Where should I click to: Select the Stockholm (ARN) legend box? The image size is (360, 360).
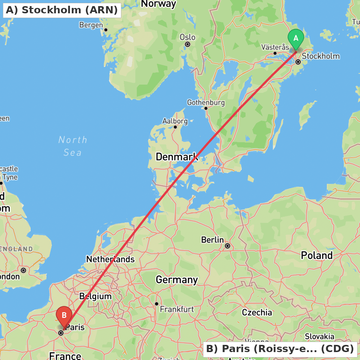click(62, 10)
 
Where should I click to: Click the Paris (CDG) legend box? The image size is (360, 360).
click(280, 349)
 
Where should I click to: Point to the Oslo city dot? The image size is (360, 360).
click(188, 44)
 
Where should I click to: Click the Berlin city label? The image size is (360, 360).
click(212, 240)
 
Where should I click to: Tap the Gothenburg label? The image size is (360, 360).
click(206, 103)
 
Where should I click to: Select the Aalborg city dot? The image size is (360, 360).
click(175, 127)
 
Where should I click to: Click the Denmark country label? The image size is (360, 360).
click(176, 157)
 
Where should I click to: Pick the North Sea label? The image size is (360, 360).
click(73, 146)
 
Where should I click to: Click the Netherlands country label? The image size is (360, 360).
click(110, 259)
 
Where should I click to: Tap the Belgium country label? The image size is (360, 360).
click(95, 296)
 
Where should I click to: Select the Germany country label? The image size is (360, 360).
click(176, 280)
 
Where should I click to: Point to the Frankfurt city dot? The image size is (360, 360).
click(157, 304)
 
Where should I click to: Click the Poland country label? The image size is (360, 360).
click(317, 255)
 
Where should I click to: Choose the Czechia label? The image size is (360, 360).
click(257, 312)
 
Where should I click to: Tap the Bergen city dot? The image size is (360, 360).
click(106, 30)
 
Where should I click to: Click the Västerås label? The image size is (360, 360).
click(275, 47)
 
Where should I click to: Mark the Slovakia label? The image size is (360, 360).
click(320, 336)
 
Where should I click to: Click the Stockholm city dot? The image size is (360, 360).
click(298, 62)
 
